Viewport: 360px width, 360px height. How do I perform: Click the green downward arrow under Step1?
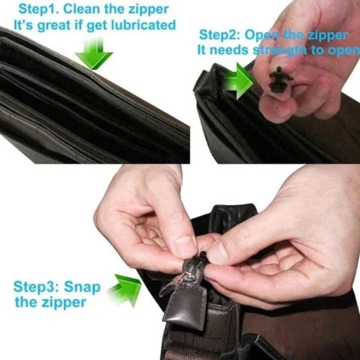[x=94, y=53]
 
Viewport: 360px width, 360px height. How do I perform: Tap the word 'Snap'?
[x=82, y=286]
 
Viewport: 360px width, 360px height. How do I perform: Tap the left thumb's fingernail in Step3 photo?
[x=185, y=246]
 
